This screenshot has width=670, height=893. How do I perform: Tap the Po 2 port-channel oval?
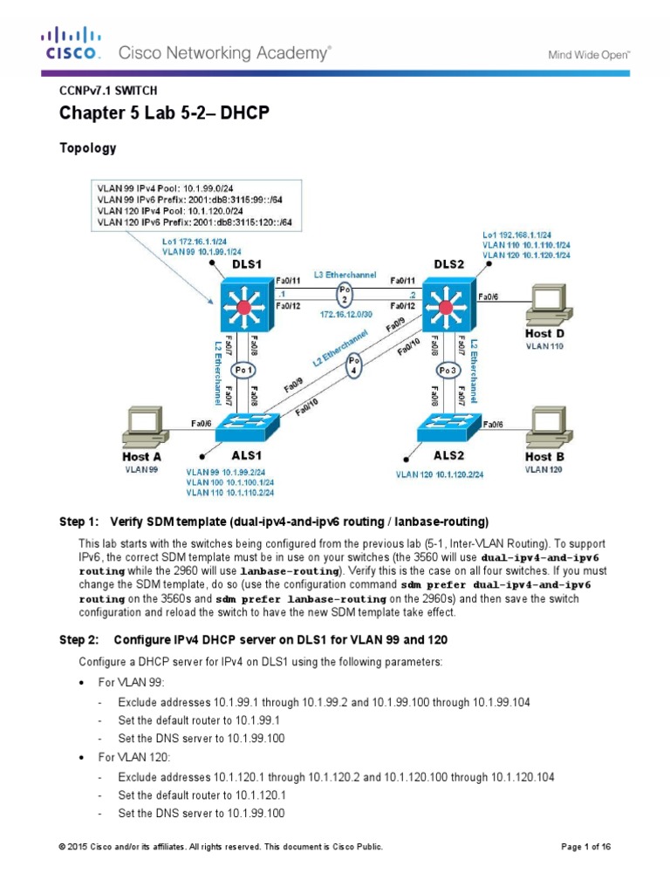345,291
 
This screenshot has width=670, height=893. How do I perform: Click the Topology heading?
87,148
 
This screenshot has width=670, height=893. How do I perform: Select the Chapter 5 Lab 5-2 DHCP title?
164,114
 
